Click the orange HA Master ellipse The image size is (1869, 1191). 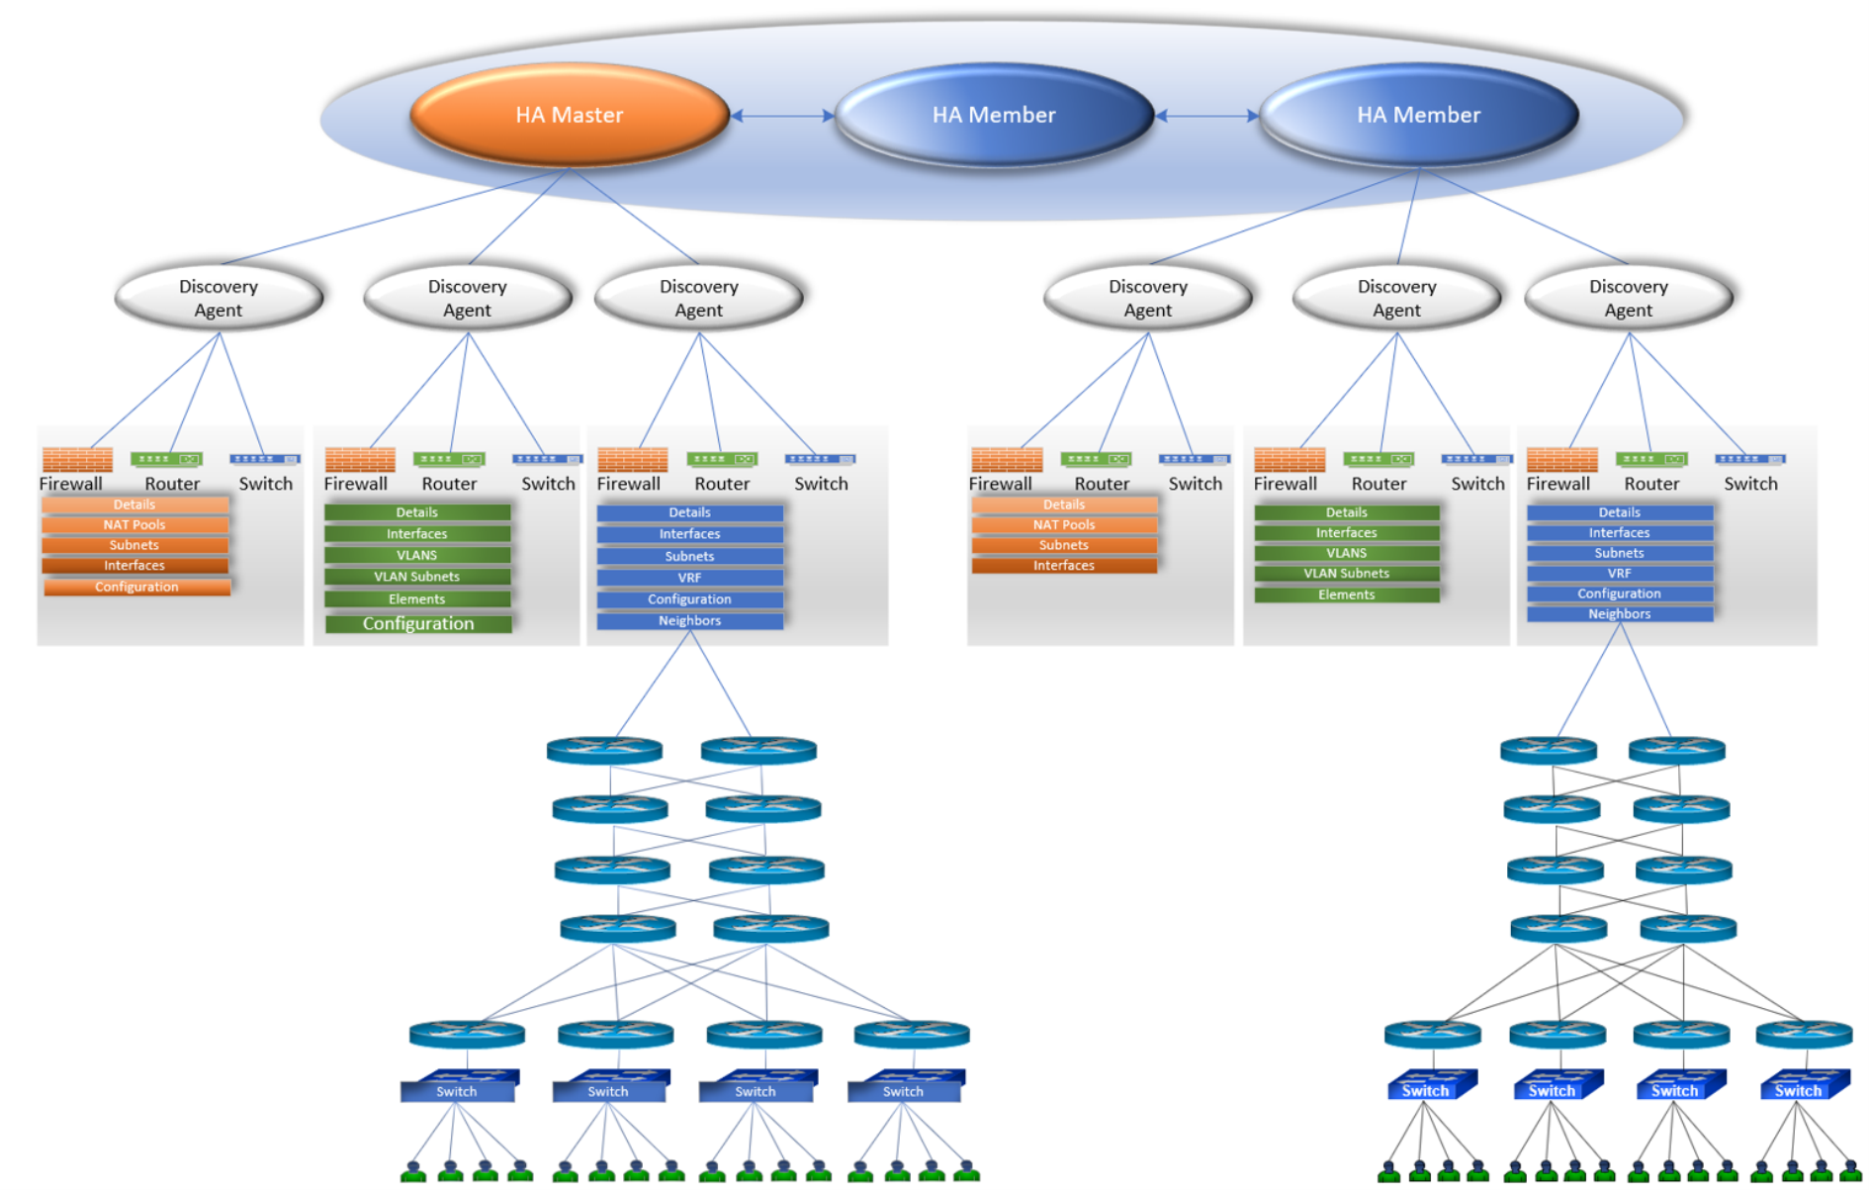[x=570, y=115]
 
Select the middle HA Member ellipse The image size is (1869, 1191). [x=994, y=115]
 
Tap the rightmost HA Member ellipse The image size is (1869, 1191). [x=1418, y=115]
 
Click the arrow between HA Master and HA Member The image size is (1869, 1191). [x=782, y=116]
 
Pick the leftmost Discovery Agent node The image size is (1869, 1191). [x=219, y=298]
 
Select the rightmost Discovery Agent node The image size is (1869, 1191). [x=1628, y=298]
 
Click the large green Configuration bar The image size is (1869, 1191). [x=418, y=623]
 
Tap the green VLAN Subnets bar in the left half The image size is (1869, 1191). [x=417, y=577]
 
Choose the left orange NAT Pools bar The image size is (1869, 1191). [x=134, y=525]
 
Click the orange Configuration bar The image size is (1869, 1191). [x=136, y=587]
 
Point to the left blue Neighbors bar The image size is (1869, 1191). [x=689, y=621]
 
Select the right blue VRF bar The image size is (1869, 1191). [x=1619, y=574]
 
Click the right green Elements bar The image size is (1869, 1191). [x=1346, y=595]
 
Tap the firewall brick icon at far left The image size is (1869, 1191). [x=77, y=460]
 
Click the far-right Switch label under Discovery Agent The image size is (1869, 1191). [x=1750, y=484]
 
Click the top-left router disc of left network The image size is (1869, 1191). [x=604, y=750]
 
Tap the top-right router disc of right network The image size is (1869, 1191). [x=1676, y=750]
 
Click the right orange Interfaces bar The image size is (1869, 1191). [x=1064, y=566]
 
